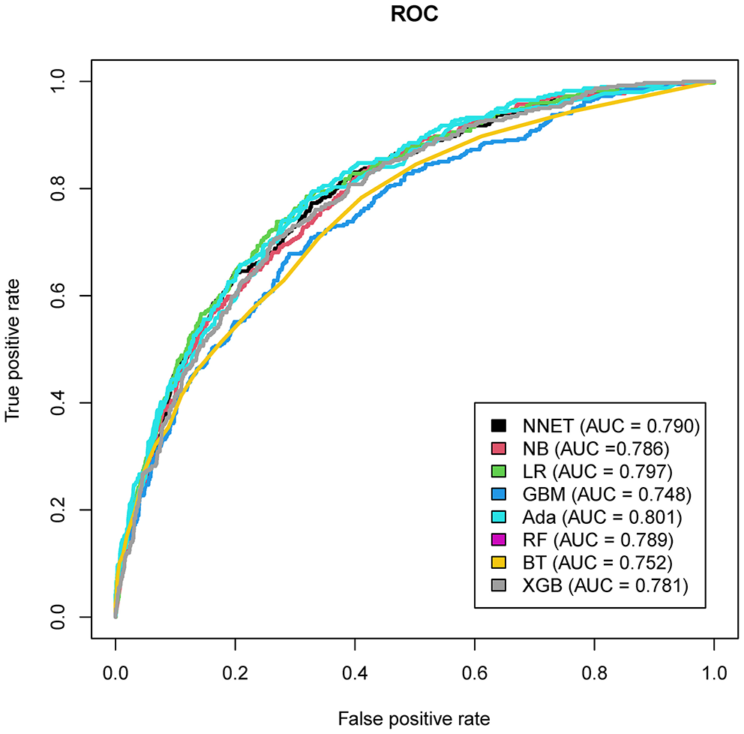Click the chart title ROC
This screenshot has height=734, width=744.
click(414, 16)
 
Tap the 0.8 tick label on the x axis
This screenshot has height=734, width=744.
click(594, 667)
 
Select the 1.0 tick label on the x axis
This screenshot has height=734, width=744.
click(714, 667)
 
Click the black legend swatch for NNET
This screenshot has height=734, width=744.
click(498, 426)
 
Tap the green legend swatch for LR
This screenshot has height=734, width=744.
click(498, 471)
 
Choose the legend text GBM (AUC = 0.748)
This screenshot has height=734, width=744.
click(601, 495)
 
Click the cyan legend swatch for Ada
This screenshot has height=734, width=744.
click(498, 518)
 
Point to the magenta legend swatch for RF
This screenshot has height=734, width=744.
click(498, 540)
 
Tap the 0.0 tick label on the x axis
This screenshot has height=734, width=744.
click(115, 667)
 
